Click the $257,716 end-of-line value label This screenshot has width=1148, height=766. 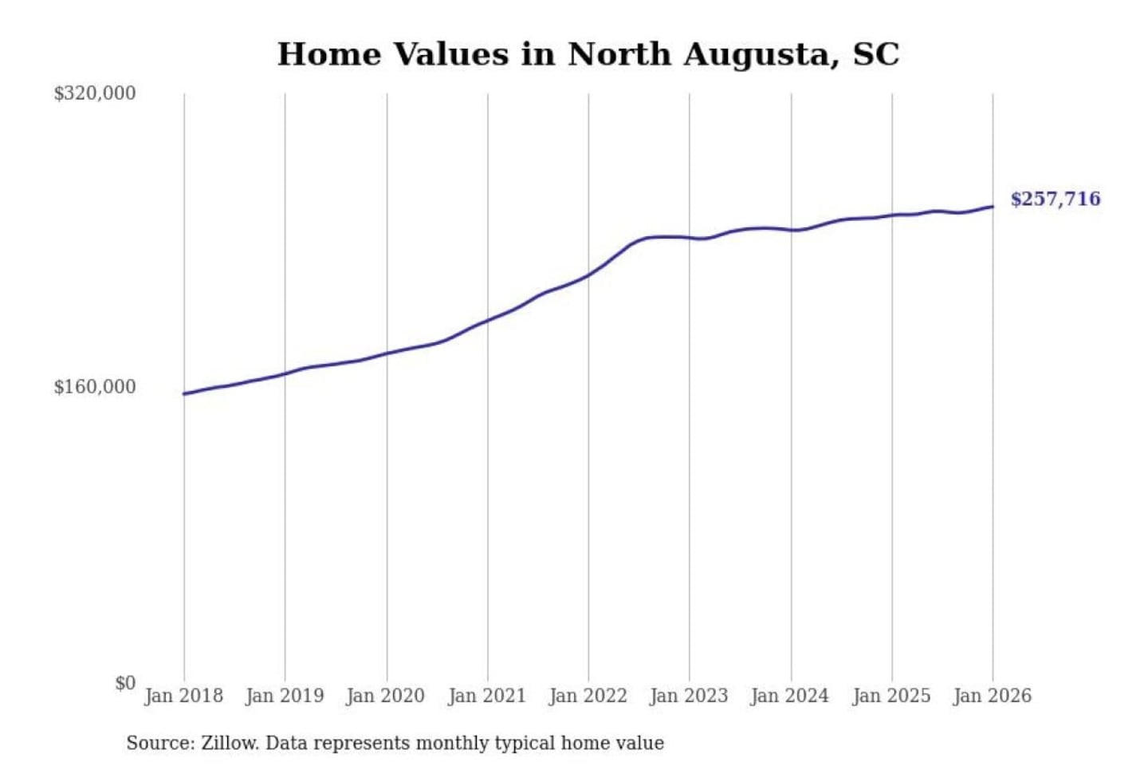[x=1055, y=199]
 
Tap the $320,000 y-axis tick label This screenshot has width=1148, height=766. [x=95, y=93]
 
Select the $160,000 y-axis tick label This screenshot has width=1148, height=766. [x=95, y=387]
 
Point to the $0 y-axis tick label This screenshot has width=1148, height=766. [x=125, y=683]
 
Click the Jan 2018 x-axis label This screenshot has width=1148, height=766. [x=183, y=696]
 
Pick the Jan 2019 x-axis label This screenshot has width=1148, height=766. [x=285, y=696]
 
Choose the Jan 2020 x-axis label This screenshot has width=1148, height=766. [x=386, y=696]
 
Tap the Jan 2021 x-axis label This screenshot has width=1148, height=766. [x=487, y=696]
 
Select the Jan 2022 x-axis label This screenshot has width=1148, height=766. [x=588, y=696]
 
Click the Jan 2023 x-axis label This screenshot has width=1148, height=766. [x=689, y=696]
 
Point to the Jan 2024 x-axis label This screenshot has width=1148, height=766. [x=790, y=696]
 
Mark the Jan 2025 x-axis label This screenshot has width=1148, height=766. [x=891, y=696]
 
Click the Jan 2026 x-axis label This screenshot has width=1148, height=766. [x=993, y=696]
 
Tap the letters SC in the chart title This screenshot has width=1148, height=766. [x=876, y=54]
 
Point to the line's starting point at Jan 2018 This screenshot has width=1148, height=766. [x=184, y=393]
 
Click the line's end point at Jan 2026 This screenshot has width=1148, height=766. [x=993, y=207]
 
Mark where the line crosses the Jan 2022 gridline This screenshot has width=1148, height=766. [x=588, y=275]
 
